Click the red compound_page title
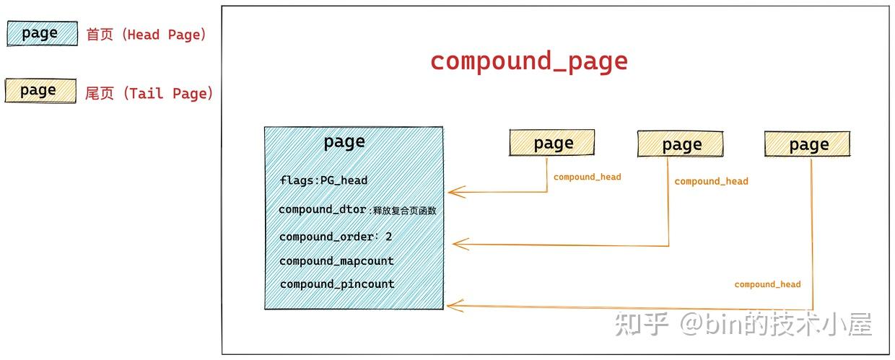coord(529,61)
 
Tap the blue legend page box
coord(42,33)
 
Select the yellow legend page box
coord(40,90)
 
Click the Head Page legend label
coord(146,35)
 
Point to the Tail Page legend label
coord(149,93)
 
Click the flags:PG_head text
coord(323,180)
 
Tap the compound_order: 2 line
coord(336,237)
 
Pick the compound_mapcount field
coord(336,260)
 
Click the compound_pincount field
coord(337,284)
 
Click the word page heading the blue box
coord(344,141)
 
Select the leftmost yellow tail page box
coord(552,144)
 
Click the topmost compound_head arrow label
coord(587,177)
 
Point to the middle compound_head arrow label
coord(711,181)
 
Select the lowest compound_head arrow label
coord(767,284)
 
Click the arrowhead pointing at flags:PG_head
coord(452,192)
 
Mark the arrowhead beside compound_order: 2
coord(457,244)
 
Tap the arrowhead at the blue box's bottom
coord(451,306)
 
